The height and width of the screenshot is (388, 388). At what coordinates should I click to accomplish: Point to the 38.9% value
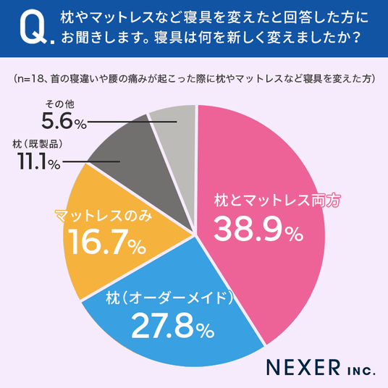tap(258, 229)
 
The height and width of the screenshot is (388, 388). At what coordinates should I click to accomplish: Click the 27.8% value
tap(172, 326)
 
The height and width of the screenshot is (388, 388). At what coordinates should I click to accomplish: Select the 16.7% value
tap(106, 241)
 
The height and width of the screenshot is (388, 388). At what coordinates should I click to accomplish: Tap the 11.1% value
tap(38, 161)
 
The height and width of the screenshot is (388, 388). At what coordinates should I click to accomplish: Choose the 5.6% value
tap(64, 121)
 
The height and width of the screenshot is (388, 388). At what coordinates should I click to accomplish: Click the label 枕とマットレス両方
tap(277, 200)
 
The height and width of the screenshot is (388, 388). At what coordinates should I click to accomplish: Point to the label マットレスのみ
tap(104, 216)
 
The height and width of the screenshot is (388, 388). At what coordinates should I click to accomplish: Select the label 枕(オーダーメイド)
tap(169, 298)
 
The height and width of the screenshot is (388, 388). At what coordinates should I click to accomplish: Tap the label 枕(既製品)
tap(38, 144)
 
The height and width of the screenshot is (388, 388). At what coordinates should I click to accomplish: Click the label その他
tap(59, 104)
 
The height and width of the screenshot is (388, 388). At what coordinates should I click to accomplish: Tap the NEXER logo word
tap(303, 367)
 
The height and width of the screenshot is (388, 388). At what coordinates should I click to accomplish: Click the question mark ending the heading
tap(355, 38)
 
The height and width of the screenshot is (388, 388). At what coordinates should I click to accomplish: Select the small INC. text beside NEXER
tap(361, 371)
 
